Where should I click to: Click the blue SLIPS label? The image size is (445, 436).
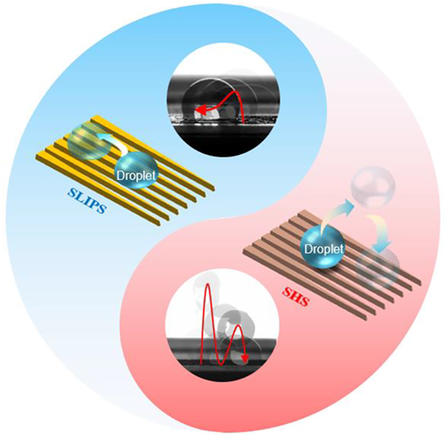[x=86, y=202]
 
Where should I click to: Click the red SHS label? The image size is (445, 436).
[x=296, y=296]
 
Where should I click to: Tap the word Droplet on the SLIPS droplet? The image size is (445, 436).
[x=137, y=175]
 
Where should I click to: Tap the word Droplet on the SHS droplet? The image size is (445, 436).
[x=324, y=249]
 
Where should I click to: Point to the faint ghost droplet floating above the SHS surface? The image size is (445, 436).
[x=372, y=187]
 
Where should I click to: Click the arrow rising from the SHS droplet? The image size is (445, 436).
[x=335, y=212]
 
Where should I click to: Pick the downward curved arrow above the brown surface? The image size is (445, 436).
[x=380, y=231]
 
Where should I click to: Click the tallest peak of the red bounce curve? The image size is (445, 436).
[x=208, y=284]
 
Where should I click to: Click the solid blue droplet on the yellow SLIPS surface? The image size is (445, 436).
[x=137, y=170]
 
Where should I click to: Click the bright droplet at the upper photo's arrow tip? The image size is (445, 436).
[x=206, y=114]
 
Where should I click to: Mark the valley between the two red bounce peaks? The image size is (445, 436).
[x=222, y=364]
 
